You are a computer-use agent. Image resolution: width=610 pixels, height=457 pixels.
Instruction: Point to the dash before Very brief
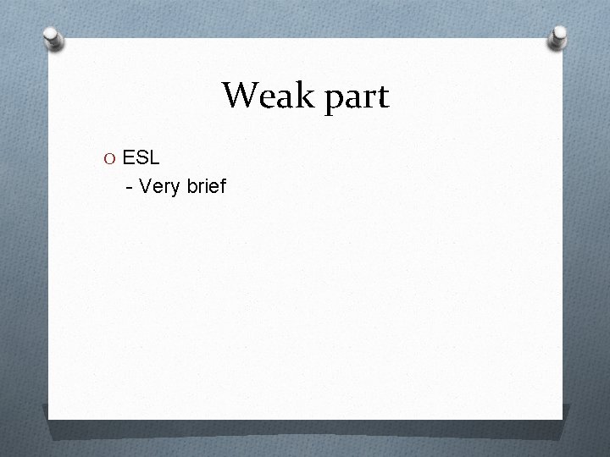tap(128, 186)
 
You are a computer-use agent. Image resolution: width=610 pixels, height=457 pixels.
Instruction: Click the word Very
tap(158, 186)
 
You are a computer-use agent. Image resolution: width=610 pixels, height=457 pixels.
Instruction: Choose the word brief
tap(204, 185)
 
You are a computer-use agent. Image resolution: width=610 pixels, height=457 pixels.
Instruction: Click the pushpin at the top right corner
tap(559, 37)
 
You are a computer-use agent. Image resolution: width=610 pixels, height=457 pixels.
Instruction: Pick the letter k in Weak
tap(297, 96)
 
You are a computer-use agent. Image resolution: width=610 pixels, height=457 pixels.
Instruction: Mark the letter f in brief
tap(222, 185)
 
